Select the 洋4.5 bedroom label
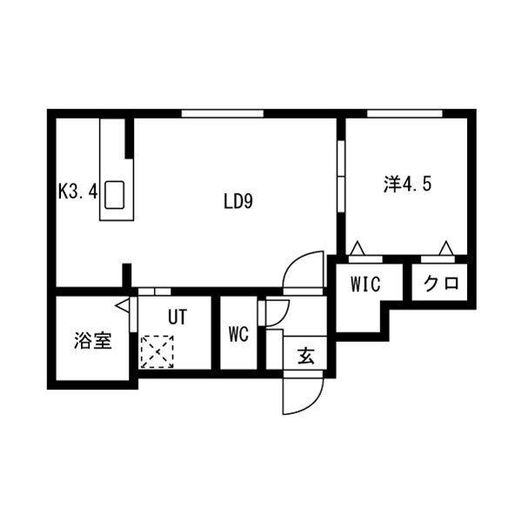tap(407, 184)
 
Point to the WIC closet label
tap(365, 284)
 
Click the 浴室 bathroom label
tap(92, 341)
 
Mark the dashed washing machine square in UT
tap(157, 351)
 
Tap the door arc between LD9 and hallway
tap(304, 272)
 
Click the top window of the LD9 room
tap(223, 113)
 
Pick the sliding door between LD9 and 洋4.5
tap(340, 175)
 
